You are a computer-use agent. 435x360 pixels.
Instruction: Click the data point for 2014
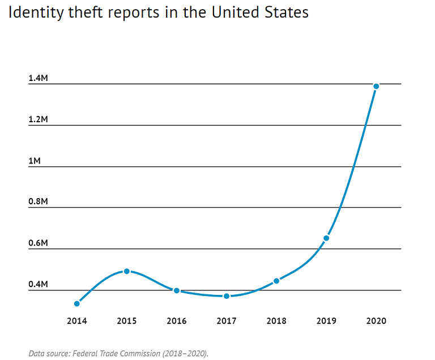pyautogui.click(x=77, y=304)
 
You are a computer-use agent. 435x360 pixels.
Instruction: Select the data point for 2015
pyautogui.click(x=127, y=271)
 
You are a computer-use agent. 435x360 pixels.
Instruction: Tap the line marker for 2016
pyautogui.click(x=177, y=290)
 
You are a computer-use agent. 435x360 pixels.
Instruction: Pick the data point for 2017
pyautogui.click(x=227, y=296)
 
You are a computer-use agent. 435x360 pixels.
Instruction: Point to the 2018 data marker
pyautogui.click(x=276, y=281)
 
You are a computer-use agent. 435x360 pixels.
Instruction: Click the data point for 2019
pyautogui.click(x=326, y=238)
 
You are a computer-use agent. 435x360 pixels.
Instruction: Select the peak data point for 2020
pyautogui.click(x=376, y=86)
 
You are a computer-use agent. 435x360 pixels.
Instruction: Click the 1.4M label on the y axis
pyautogui.click(x=38, y=78)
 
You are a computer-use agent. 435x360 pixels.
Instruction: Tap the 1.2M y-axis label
pyautogui.click(x=38, y=119)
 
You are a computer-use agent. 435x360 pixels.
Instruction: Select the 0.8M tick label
pyautogui.click(x=38, y=202)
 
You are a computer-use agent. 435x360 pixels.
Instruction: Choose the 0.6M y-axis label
pyautogui.click(x=38, y=243)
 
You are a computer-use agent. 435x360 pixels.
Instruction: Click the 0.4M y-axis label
pyautogui.click(x=38, y=284)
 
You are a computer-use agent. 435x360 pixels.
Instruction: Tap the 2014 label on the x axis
pyautogui.click(x=77, y=321)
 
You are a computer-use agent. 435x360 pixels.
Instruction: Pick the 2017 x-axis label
pyautogui.click(x=227, y=321)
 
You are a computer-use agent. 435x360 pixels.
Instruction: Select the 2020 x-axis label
pyautogui.click(x=376, y=321)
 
